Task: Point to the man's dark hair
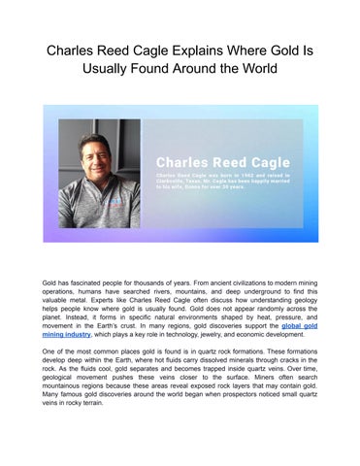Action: click(98, 133)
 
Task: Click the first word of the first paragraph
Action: click(49, 280)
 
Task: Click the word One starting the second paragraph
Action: click(49, 345)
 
